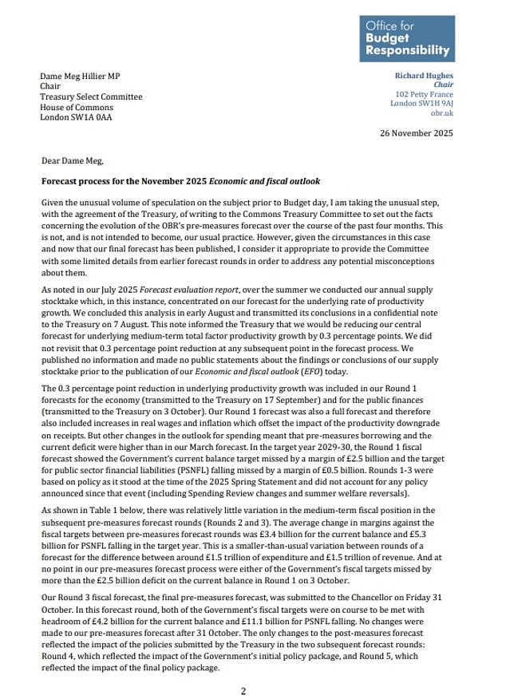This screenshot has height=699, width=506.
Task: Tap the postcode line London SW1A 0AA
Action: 77,117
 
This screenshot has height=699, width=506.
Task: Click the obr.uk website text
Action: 441,113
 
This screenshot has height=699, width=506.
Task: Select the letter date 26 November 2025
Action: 416,132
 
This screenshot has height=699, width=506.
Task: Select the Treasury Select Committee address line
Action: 91,97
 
